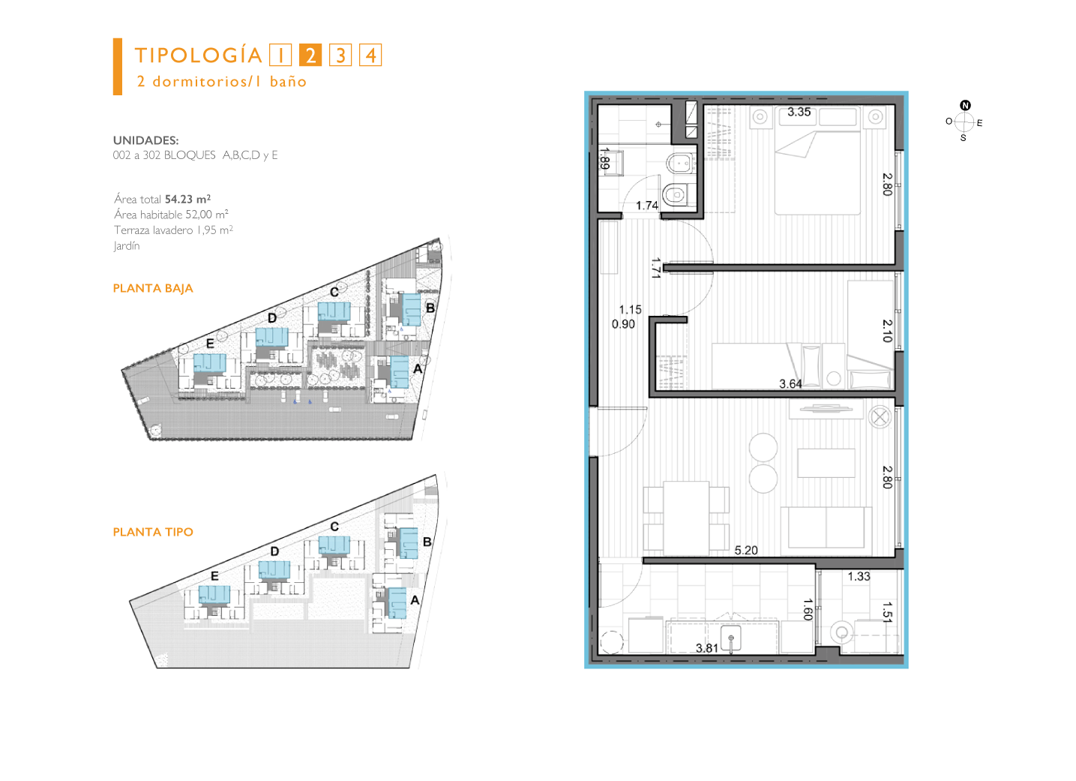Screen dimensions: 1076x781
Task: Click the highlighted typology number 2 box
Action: (x=310, y=55)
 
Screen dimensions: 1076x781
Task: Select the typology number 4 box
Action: (x=370, y=55)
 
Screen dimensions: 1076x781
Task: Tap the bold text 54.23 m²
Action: (x=187, y=199)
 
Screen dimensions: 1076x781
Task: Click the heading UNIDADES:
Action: (x=145, y=140)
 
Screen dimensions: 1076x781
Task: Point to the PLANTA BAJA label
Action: (x=153, y=288)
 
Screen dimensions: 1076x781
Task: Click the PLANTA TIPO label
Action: (x=153, y=532)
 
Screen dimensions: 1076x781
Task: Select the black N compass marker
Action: (x=966, y=105)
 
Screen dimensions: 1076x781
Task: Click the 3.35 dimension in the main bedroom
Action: (x=799, y=112)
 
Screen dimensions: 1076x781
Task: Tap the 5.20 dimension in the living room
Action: (x=746, y=551)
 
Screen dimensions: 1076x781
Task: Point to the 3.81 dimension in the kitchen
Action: (x=707, y=648)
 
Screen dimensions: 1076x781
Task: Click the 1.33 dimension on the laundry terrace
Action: (x=859, y=576)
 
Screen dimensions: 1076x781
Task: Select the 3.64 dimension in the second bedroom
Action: (x=790, y=384)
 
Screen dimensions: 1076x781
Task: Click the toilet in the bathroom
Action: (x=679, y=194)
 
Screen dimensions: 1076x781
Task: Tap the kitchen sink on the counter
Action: (x=731, y=638)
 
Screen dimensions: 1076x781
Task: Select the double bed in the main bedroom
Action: (x=817, y=161)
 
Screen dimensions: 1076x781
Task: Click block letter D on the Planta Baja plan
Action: (x=272, y=318)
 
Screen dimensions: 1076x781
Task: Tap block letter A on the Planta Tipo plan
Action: (x=415, y=600)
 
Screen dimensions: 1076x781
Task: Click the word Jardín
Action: (x=127, y=245)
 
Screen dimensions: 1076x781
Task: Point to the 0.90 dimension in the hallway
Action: (x=623, y=324)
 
